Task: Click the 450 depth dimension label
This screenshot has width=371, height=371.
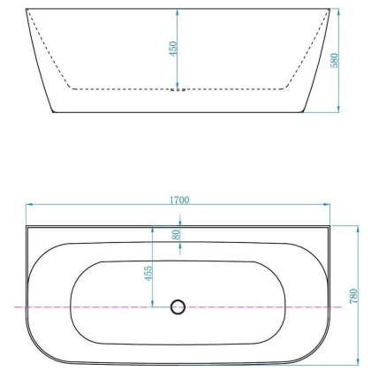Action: (x=174, y=49)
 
